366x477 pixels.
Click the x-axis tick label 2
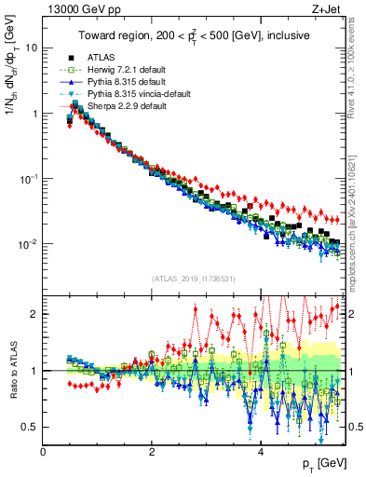pyautogui.click(x=152, y=452)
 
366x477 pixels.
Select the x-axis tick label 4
pyautogui.click(x=261, y=452)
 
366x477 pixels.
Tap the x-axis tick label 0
pyautogui.click(x=43, y=452)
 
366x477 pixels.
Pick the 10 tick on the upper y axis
pyautogui.click(x=31, y=47)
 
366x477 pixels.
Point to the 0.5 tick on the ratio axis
pyautogui.click(x=31, y=427)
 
